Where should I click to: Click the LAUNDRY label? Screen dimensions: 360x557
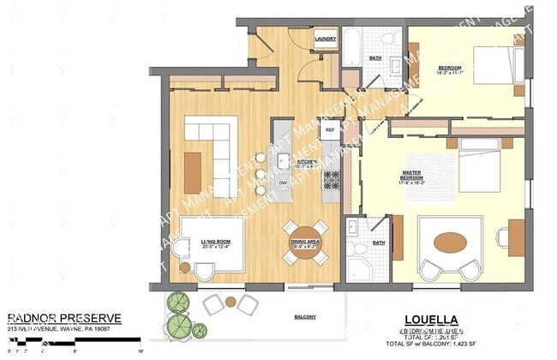[325, 39]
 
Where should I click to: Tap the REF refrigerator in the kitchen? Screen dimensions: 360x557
[330, 130]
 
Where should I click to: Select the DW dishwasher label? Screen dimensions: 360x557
[283, 183]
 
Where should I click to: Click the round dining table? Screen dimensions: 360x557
[306, 242]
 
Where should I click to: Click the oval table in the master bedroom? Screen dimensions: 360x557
[450, 242]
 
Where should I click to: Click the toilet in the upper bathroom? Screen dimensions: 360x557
[387, 38]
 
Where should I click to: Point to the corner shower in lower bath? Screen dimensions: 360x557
[357, 268]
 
